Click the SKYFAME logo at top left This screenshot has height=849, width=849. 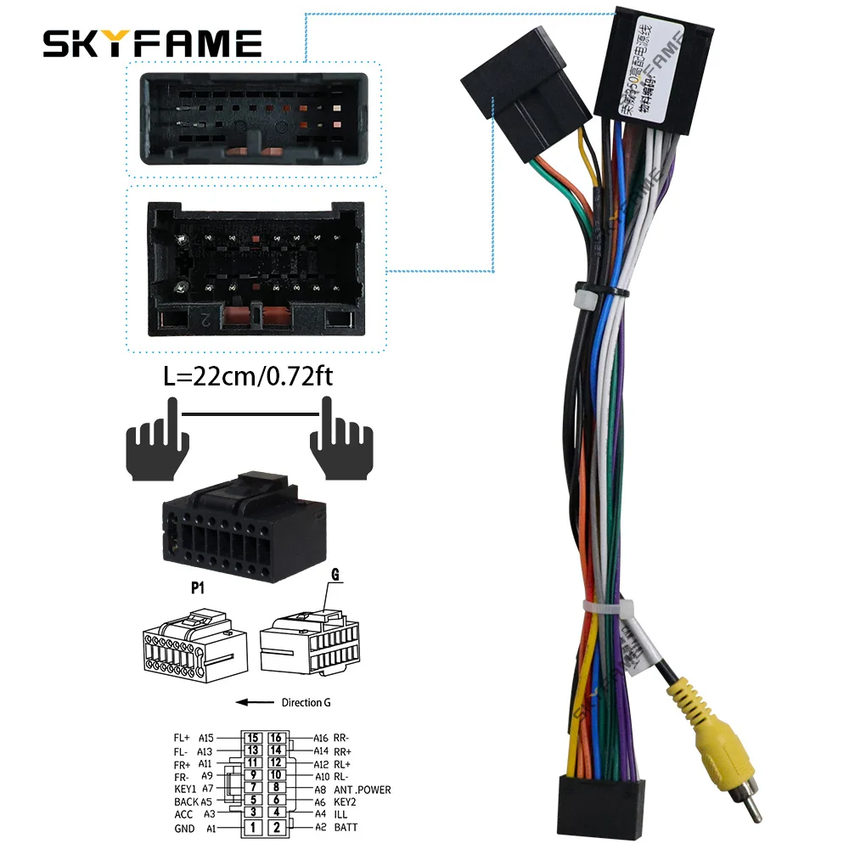tap(153, 43)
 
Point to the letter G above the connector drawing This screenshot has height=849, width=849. tap(335, 575)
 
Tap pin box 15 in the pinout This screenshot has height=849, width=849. tap(252, 738)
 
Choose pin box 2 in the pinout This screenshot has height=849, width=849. tap(277, 827)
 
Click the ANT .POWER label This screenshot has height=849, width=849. tap(362, 790)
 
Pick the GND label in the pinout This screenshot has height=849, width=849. tap(184, 828)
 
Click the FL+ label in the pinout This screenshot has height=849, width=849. tap(183, 738)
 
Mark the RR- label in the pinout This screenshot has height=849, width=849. tap(342, 738)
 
